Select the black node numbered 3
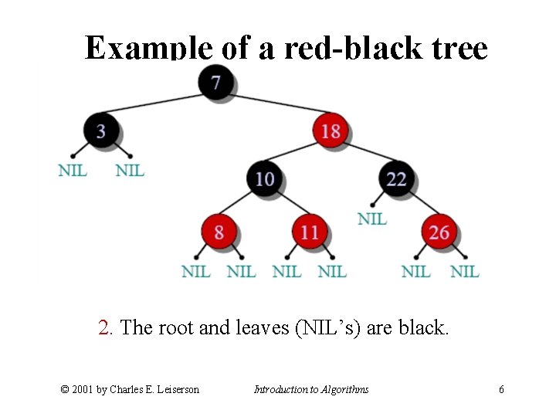coord(100,131)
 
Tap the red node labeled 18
coord(331,131)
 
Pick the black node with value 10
coord(264,179)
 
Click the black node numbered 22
coord(396,179)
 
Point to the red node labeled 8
coord(219,232)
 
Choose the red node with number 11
coord(310,232)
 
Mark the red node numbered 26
coord(439,232)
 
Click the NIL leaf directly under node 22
coord(372,219)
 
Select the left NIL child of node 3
coord(73,170)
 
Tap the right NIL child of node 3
coord(130,170)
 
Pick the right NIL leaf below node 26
coord(464,272)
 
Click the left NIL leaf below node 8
coord(195,272)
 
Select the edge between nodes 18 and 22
coord(364,155)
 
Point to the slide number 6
coord(501,389)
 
